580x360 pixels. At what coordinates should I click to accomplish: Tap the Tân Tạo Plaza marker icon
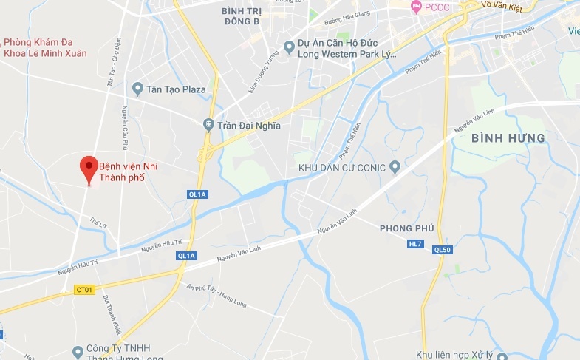pyautogui.click(x=137, y=89)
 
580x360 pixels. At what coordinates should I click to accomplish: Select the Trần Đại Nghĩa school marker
pyautogui.click(x=209, y=125)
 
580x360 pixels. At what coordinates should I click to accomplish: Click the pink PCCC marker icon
pyautogui.click(x=417, y=7)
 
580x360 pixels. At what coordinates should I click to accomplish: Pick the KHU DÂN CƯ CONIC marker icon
pyautogui.click(x=395, y=167)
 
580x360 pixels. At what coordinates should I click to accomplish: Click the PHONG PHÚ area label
pyautogui.click(x=406, y=228)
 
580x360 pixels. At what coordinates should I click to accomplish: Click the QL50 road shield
pyautogui.click(x=443, y=250)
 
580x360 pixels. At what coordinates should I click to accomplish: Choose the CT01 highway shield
pyautogui.click(x=83, y=290)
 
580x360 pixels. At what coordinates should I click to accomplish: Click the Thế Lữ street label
pyautogui.click(x=94, y=220)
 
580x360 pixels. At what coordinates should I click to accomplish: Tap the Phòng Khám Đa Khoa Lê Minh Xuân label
pyautogui.click(x=45, y=47)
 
